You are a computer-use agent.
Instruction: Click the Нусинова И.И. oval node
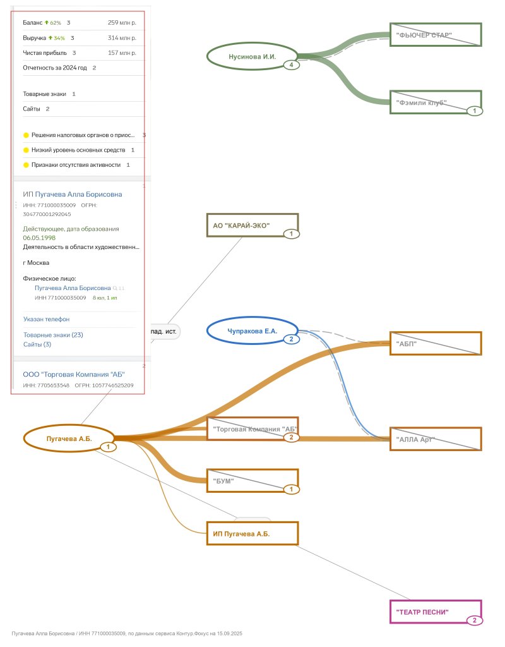tap(252, 56)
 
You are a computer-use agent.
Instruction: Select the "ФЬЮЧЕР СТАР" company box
tap(436, 35)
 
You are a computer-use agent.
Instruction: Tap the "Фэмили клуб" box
tap(436, 102)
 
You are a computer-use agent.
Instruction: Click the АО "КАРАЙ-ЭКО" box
tap(252, 226)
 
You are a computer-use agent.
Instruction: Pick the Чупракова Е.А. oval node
tap(252, 330)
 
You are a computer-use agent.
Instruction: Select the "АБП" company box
tap(436, 344)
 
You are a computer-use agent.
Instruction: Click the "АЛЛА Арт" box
tap(436, 439)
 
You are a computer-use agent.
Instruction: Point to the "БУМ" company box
tap(252, 481)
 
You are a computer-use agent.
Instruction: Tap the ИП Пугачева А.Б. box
tap(252, 534)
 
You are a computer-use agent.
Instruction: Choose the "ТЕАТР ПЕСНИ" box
tap(436, 612)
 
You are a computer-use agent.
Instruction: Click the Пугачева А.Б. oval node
tap(69, 438)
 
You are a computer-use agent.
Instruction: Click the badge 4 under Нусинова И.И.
tap(291, 64)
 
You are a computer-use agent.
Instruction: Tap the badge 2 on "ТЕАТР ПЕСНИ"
tap(475, 620)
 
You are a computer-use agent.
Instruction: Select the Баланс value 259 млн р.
tap(122, 23)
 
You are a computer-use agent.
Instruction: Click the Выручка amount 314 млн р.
tap(122, 38)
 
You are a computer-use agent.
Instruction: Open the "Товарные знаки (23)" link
tap(53, 335)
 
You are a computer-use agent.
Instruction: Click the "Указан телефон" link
tap(46, 319)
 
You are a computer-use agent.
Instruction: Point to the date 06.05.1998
tap(39, 238)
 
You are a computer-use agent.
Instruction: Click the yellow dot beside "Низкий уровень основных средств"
tap(26, 150)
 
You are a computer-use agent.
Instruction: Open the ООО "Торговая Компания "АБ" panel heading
tap(74, 373)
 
